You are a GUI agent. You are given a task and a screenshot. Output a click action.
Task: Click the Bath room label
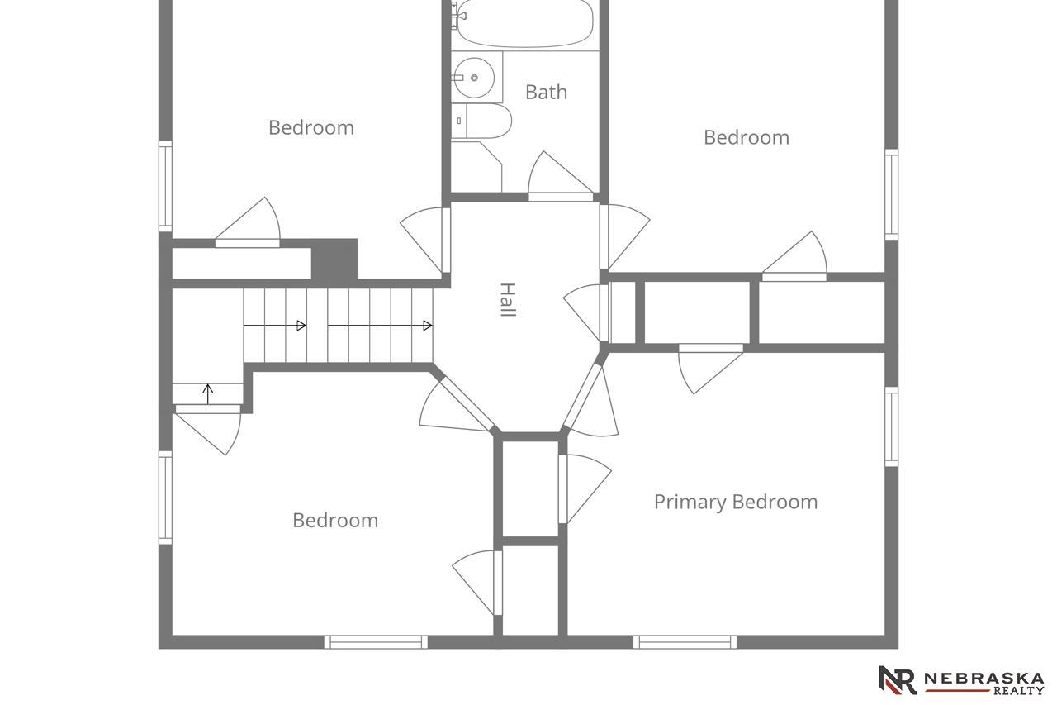(546, 92)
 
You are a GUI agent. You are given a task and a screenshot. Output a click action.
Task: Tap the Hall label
(508, 300)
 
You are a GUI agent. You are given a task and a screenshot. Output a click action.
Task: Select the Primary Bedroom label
(736, 502)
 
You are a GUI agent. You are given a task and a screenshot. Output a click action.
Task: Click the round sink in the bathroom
(474, 78)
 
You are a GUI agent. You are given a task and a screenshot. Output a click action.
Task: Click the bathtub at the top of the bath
(524, 24)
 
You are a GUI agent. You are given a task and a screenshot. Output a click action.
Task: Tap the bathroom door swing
(560, 174)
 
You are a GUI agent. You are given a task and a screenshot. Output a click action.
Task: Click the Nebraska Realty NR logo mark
(897, 680)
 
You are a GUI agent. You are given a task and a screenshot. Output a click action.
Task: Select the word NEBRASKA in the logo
(984, 679)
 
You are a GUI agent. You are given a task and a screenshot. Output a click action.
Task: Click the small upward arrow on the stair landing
(207, 393)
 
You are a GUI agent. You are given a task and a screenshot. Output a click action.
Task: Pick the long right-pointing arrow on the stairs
(380, 326)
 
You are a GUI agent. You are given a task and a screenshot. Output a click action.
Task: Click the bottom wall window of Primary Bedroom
(685, 642)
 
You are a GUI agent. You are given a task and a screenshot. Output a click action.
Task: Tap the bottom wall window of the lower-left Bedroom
(376, 642)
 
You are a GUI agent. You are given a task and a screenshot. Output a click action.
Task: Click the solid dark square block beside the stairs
(334, 260)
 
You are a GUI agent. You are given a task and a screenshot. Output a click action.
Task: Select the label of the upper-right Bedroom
(747, 138)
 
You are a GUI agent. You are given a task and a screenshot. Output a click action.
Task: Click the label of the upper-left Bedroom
(311, 128)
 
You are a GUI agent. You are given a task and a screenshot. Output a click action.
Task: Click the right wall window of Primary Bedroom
(891, 426)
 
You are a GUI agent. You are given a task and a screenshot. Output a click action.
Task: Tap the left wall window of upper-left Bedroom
(165, 187)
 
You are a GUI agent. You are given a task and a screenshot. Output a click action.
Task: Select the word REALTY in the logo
(1019, 690)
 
